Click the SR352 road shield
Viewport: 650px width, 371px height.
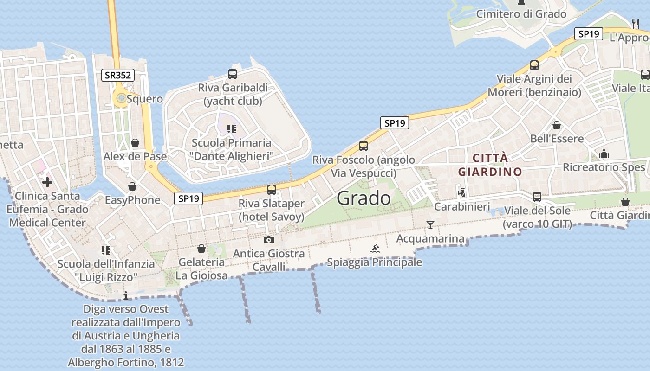tap(118, 75)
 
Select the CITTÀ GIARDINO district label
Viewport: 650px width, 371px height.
tap(490, 165)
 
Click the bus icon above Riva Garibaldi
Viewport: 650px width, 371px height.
tap(233, 74)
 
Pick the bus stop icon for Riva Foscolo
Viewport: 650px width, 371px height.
tap(364, 146)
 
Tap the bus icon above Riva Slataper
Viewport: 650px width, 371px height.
tap(272, 190)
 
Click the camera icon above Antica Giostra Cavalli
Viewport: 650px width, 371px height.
tap(268, 240)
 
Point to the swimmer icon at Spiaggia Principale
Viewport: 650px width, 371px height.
tap(375, 248)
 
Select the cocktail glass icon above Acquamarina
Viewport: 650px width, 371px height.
tap(430, 225)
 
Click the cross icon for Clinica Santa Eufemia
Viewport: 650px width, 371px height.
tap(47, 182)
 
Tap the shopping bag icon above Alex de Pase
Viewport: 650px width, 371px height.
tap(135, 143)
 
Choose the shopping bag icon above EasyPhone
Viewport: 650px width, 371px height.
tap(132, 186)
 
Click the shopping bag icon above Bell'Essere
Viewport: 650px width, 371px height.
tap(557, 125)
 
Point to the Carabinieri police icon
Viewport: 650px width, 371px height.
tap(461, 192)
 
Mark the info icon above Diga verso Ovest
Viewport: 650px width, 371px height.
tap(125, 295)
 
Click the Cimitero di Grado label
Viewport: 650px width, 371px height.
tap(521, 14)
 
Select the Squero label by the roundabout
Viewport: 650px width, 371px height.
tap(145, 99)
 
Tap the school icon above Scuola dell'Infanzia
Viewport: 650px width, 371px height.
tap(106, 250)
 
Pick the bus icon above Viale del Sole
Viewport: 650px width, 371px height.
tap(537, 197)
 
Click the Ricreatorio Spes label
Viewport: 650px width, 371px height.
tap(604, 167)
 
